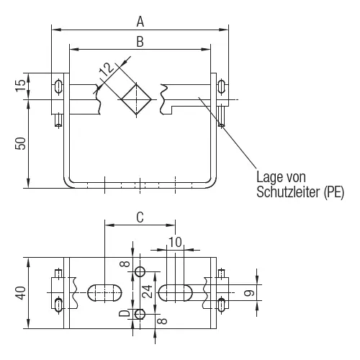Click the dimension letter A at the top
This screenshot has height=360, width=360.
click(x=140, y=22)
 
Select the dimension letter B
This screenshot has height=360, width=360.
click(x=140, y=42)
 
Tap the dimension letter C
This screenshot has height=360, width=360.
click(x=140, y=217)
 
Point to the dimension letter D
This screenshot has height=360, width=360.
click(x=125, y=313)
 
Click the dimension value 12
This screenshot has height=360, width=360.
click(x=106, y=69)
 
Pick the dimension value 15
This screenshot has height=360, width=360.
click(x=21, y=85)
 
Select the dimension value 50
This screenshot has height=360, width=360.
click(x=21, y=143)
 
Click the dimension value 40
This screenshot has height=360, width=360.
click(x=21, y=293)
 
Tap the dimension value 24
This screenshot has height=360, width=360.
click(x=148, y=292)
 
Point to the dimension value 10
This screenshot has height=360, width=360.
click(x=176, y=242)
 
